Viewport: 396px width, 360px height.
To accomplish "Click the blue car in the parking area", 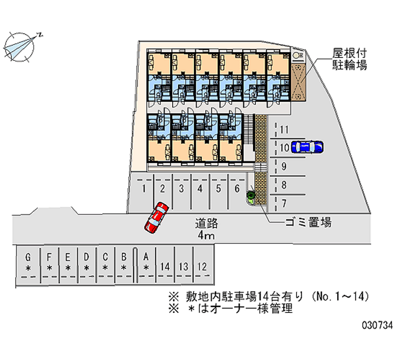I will click(x=307, y=147).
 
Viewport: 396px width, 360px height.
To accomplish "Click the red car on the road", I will click(x=156, y=216).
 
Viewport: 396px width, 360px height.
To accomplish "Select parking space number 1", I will click(x=144, y=188).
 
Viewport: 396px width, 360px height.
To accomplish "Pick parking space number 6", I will click(x=237, y=188).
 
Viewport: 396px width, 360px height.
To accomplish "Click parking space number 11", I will click(x=284, y=130).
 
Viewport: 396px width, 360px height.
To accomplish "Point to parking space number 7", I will click(x=284, y=203).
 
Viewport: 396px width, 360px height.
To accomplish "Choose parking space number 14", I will click(x=165, y=266).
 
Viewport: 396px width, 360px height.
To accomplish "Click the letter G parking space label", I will click(x=28, y=257).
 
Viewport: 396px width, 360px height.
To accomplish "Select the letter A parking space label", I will click(x=146, y=257).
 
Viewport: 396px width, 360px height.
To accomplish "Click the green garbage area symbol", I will click(x=251, y=197).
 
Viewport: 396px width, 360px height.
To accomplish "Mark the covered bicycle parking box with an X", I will click(x=298, y=80).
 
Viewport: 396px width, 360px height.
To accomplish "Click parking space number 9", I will click(x=284, y=166).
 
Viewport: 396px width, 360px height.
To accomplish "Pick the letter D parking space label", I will click(x=86, y=257).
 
